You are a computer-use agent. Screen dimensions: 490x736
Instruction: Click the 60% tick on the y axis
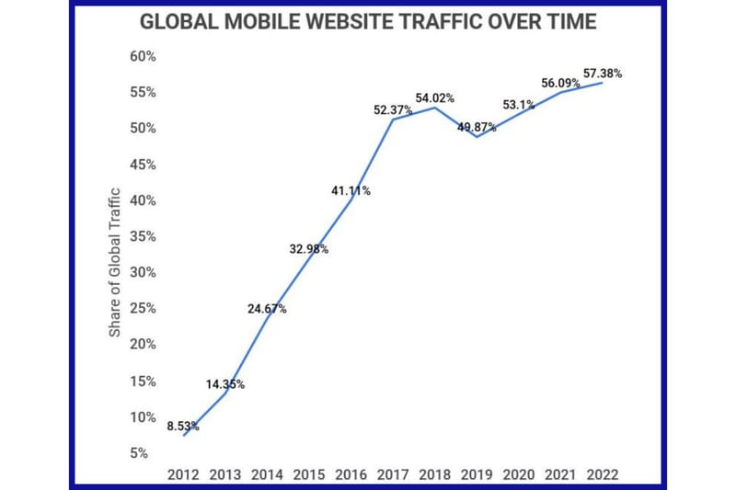(142, 56)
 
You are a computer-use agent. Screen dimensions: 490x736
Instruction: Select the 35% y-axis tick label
(142, 236)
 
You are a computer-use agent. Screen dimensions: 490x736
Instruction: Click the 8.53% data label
(184, 426)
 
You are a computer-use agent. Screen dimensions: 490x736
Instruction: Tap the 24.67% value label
(267, 309)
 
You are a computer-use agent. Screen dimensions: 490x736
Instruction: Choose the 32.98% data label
(309, 248)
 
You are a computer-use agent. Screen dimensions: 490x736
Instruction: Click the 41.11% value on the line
(351, 190)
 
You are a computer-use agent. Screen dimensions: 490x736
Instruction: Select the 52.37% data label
(393, 110)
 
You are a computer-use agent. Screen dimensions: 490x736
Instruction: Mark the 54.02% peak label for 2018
(435, 97)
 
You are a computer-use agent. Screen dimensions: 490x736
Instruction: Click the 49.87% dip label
(477, 128)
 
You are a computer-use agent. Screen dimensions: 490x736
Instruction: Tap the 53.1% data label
(519, 105)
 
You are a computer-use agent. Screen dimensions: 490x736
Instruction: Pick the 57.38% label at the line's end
(603, 74)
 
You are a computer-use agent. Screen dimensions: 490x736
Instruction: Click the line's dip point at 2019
(477, 137)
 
